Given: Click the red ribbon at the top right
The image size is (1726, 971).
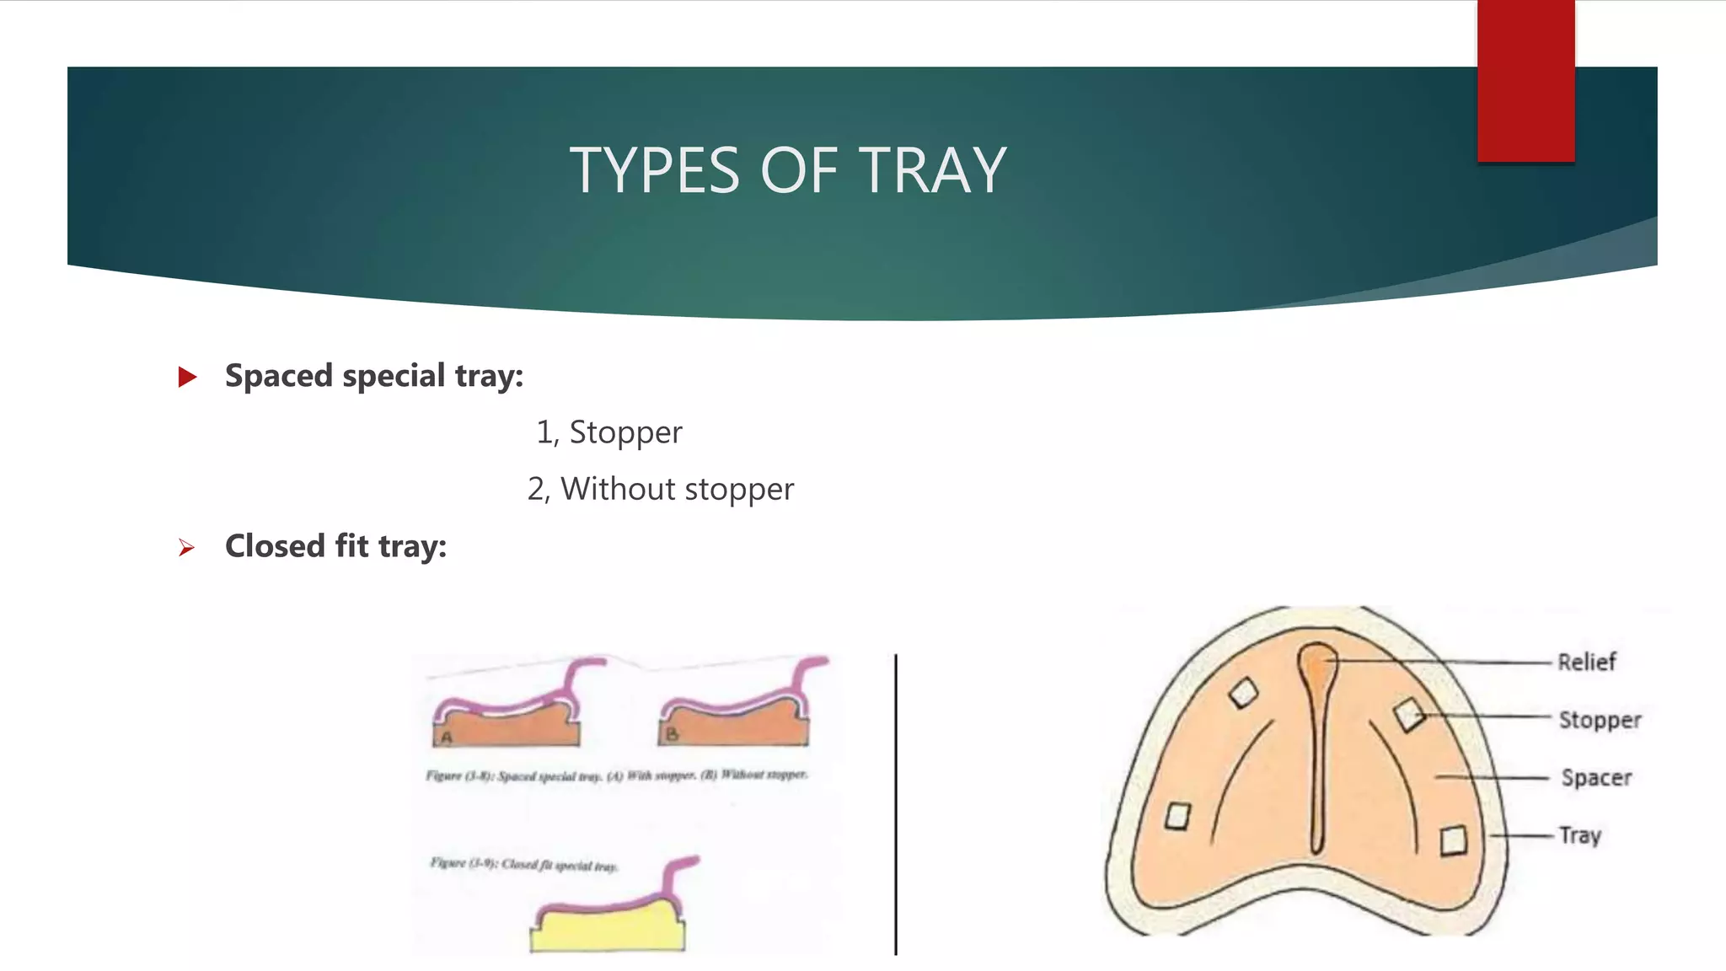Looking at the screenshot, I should click(1525, 81).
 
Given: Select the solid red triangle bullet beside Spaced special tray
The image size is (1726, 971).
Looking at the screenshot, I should click(187, 377).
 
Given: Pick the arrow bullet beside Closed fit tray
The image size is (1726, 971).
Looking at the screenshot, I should click(186, 548).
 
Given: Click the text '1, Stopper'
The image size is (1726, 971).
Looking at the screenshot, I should click(608, 432).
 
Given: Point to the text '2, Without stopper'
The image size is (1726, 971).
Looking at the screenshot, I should click(660, 489).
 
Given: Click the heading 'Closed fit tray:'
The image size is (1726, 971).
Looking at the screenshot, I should click(335, 546).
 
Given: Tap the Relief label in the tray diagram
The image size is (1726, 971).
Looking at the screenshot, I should click(1586, 663).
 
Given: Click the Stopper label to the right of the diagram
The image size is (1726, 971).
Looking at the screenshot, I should click(1600, 720).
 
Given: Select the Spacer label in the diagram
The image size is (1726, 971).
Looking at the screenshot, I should click(1596, 777).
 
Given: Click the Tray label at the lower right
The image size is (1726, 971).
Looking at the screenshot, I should click(1579, 835).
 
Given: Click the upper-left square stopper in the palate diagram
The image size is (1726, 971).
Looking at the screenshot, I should click(1243, 694).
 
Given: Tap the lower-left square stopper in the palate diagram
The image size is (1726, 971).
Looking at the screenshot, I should click(1177, 816).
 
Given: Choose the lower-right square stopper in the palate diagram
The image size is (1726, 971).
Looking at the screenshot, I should click(1453, 840).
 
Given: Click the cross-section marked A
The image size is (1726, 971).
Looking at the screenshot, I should click(506, 725).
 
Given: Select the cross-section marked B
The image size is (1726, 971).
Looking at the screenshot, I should click(733, 725).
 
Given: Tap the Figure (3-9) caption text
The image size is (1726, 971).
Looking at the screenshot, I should click(524, 865).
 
